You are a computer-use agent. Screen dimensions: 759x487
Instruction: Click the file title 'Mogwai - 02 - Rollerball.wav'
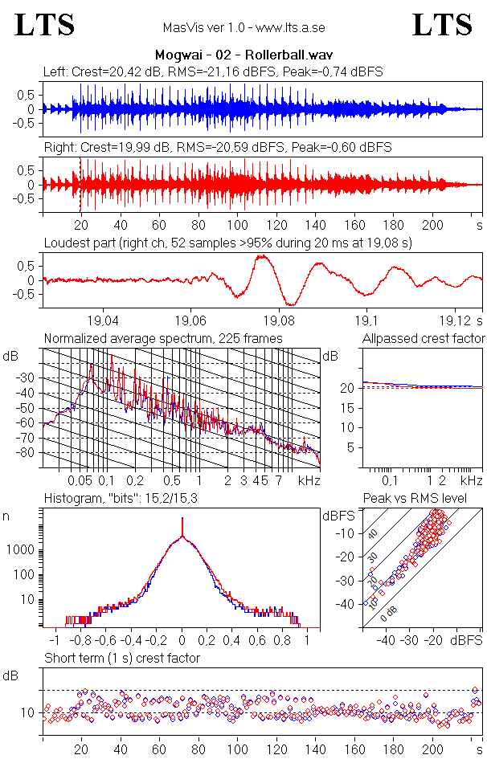coord(243,55)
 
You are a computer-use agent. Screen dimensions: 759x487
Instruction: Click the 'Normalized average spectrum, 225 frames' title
coord(163,338)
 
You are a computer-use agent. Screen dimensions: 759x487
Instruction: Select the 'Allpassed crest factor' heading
coord(424,338)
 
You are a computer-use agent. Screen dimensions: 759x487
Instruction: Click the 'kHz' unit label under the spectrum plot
coord(309,480)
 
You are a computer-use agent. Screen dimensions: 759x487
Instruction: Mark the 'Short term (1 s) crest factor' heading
coord(121,658)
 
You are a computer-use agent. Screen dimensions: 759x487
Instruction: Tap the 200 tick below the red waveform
coord(434,225)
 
